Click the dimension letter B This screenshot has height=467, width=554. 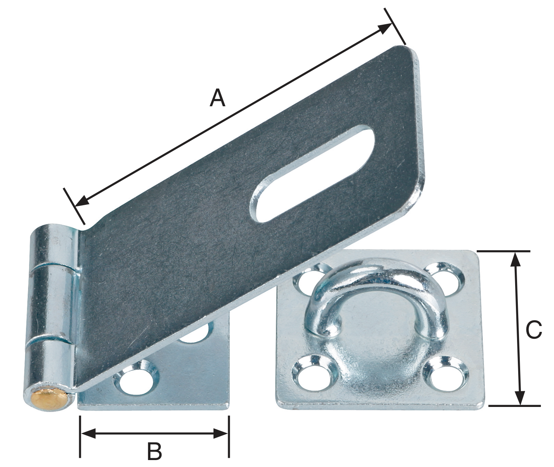pyautogui.click(x=154, y=451)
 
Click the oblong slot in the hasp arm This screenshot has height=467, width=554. pyautogui.click(x=312, y=175)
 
